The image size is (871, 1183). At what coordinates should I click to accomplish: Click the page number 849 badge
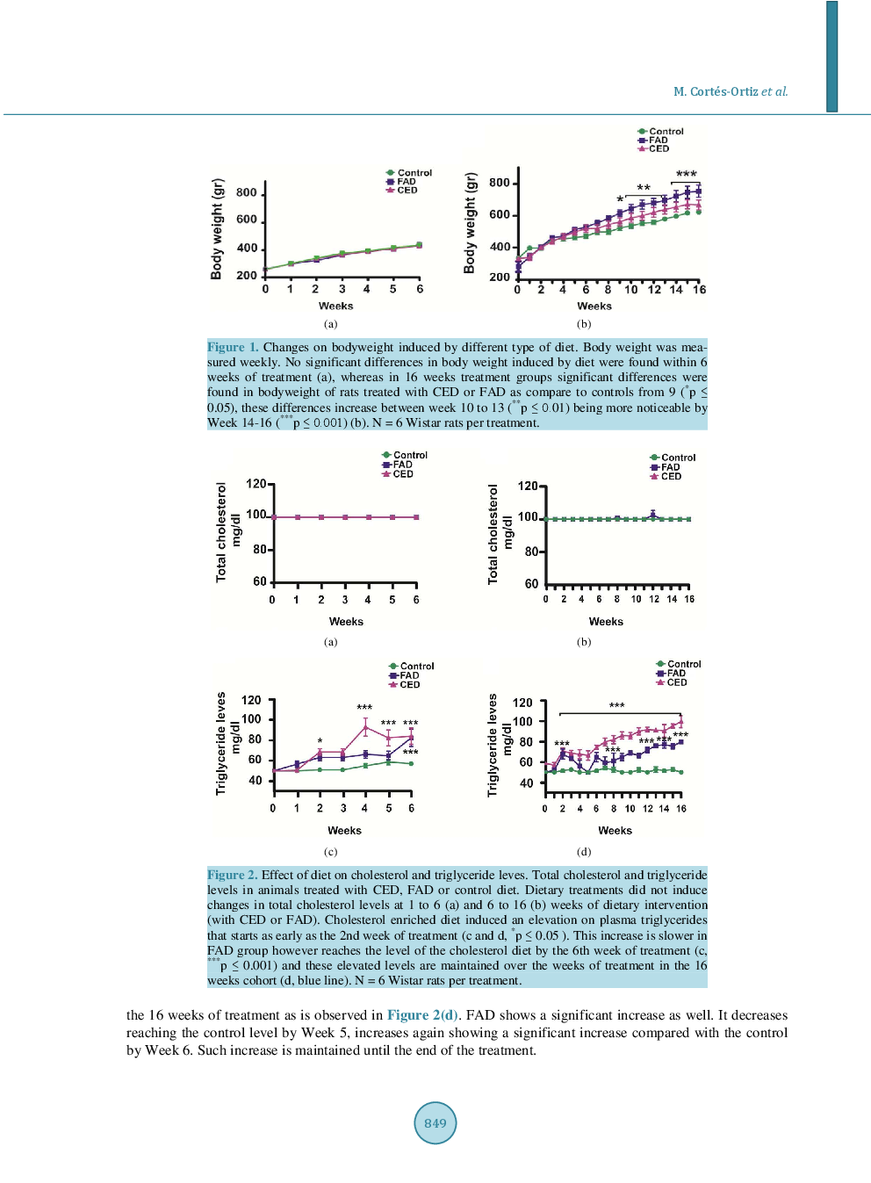[435, 1122]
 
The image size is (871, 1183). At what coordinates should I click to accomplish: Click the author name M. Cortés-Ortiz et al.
[731, 91]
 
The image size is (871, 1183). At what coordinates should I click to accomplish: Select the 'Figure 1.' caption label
[233, 347]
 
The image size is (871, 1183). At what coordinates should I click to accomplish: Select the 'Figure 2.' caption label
[232, 875]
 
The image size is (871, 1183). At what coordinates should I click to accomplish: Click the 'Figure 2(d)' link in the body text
[422, 1015]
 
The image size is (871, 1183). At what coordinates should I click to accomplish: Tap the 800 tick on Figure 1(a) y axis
[247, 193]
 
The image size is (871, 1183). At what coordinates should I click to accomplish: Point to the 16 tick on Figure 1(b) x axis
[699, 290]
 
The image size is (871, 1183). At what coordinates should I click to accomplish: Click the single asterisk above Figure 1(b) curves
[620, 200]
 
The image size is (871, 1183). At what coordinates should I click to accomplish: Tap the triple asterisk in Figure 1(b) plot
[686, 175]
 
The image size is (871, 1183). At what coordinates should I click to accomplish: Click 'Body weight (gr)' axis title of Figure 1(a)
[217, 228]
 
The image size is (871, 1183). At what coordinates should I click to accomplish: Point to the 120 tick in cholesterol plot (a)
[256, 484]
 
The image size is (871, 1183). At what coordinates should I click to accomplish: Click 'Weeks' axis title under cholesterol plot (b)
[606, 622]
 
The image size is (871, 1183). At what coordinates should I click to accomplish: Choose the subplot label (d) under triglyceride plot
[584, 852]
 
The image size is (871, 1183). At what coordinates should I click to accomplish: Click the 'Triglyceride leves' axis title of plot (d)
[493, 745]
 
